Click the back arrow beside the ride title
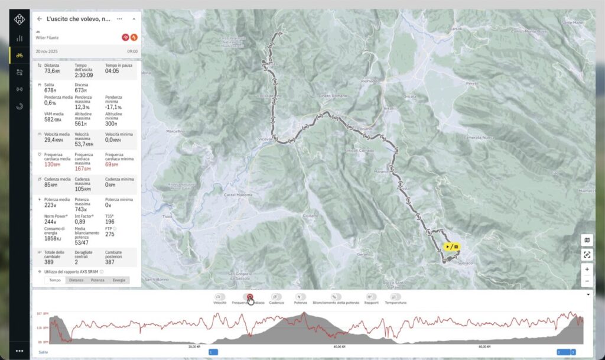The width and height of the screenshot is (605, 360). coord(39,19)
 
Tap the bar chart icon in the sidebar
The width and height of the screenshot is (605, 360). coord(19,38)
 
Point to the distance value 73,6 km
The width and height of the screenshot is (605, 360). coord(53,71)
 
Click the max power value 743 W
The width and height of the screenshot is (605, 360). coord(80,209)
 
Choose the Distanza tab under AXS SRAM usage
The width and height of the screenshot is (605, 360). coord(76,280)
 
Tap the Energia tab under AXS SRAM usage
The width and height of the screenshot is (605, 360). coord(119,280)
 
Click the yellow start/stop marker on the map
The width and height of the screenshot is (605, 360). coord(451,247)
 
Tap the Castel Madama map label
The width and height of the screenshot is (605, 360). coord(238,194)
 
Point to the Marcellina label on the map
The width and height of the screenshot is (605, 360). coord(176,131)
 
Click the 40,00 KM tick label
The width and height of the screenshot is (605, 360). coord(339,347)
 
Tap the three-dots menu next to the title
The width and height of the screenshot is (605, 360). coord(120,19)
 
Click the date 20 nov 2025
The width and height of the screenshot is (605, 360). coord(47,51)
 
